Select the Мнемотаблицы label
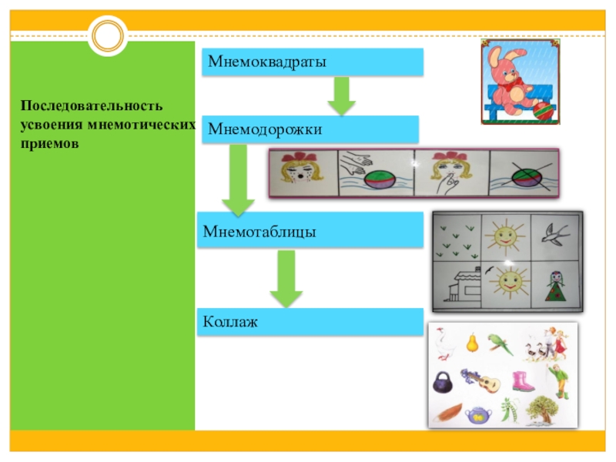[x=260, y=231]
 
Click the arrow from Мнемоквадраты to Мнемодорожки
[x=341, y=95]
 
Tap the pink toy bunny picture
[x=517, y=82]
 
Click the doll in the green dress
[x=554, y=285]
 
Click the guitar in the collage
[x=483, y=380]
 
